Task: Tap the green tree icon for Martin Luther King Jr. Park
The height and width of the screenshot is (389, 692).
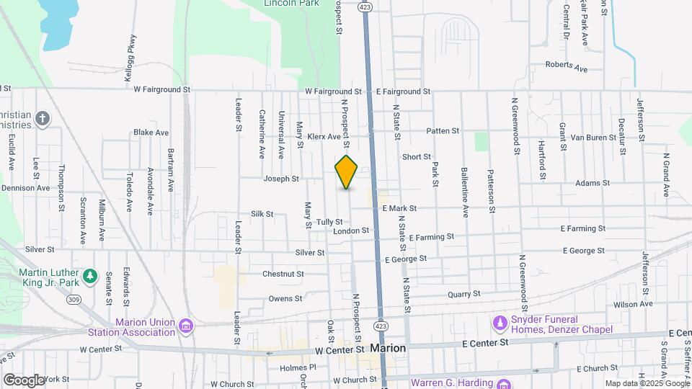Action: click(89, 276)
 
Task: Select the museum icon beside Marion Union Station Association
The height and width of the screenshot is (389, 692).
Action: click(186, 327)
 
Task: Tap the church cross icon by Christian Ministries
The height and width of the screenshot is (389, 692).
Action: click(43, 119)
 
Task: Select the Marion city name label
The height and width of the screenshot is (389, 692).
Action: click(389, 348)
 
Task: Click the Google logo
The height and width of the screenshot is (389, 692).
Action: click(24, 380)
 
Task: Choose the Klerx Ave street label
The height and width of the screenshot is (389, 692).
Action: click(324, 136)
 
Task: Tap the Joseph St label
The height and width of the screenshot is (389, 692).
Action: click(281, 179)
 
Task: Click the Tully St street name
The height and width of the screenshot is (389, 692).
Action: click(329, 222)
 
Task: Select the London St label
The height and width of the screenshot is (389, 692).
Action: click(351, 231)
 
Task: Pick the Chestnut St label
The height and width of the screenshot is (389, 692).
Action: click(283, 274)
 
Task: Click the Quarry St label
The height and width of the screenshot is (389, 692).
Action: click(463, 294)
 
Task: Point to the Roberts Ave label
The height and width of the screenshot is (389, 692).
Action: click(567, 66)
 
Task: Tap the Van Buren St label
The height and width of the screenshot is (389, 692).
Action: click(590, 137)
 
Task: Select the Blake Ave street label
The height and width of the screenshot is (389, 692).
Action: click(151, 133)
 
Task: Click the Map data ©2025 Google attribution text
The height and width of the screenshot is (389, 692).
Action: click(646, 383)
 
